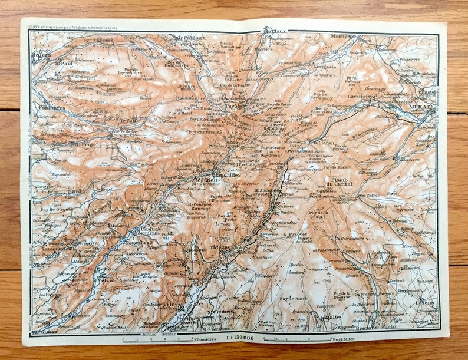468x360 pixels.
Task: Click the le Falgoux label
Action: pyautogui.click(x=190, y=38)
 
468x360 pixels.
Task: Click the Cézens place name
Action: pyautogui.click(x=424, y=303)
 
